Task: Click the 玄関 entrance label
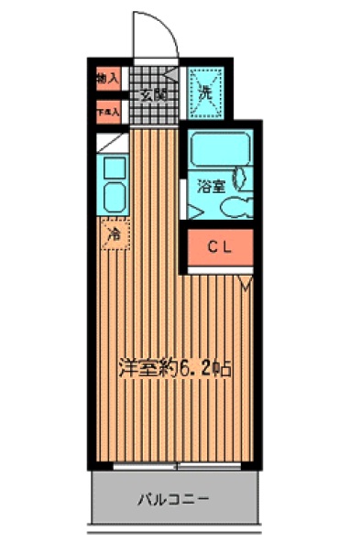click(153, 93)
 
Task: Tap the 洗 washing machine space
click(205, 92)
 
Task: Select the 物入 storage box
click(107, 79)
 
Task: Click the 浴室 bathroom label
click(211, 186)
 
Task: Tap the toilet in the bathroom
click(233, 207)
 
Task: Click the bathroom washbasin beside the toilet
click(242, 176)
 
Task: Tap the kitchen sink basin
click(115, 197)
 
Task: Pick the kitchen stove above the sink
click(115, 168)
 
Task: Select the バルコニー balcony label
click(173, 500)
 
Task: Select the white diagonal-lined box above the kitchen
click(112, 142)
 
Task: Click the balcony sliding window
click(174, 467)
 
